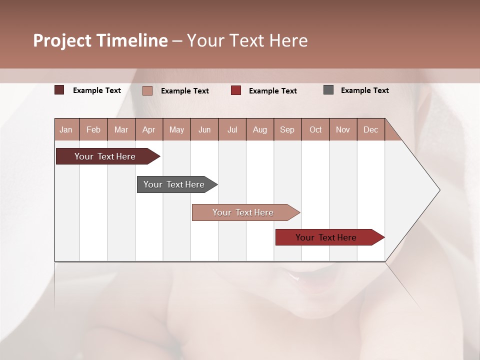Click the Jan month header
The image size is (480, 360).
[66, 130]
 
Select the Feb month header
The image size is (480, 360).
[93, 130]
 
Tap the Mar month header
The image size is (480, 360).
[121, 130]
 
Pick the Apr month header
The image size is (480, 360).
[148, 130]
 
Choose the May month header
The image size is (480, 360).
[176, 130]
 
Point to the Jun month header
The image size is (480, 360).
[204, 130]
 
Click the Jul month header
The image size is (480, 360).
[232, 130]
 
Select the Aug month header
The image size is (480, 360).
[259, 130]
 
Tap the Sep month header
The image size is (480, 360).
[287, 130]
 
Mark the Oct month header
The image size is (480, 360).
[315, 130]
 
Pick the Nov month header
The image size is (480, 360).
[343, 130]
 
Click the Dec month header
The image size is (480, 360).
[370, 130]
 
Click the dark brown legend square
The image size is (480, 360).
[59, 90]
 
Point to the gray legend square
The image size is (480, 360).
[328, 90]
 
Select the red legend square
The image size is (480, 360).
[236, 90]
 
